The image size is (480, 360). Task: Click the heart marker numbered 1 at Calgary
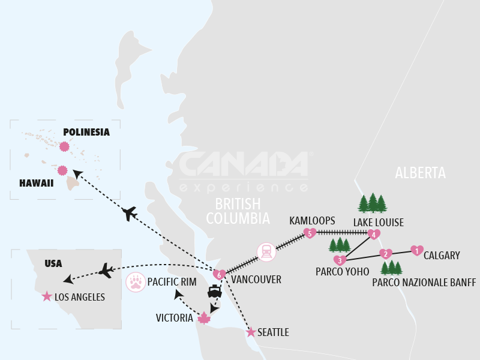pyautogui.click(x=416, y=250)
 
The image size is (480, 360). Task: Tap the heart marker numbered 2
pyautogui.click(x=386, y=254)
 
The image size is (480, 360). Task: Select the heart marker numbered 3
pyautogui.click(x=340, y=260)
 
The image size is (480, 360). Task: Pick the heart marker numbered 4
pyautogui.click(x=374, y=235)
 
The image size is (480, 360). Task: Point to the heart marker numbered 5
pyautogui.click(x=310, y=233)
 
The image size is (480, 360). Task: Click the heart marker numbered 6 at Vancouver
pyautogui.click(x=220, y=274)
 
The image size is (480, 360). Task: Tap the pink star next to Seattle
pyautogui.click(x=251, y=332)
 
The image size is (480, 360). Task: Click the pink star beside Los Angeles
pyautogui.click(x=46, y=296)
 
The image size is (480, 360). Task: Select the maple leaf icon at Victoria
pyautogui.click(x=204, y=318)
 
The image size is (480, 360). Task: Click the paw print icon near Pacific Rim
pyautogui.click(x=136, y=281)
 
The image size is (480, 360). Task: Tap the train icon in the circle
pyautogui.click(x=266, y=252)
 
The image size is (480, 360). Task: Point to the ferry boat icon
pyautogui.click(x=215, y=291)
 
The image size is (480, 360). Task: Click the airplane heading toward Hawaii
pyautogui.click(x=129, y=214)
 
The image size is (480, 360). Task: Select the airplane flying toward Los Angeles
pyautogui.click(x=105, y=271)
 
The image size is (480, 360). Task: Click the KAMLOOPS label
pyautogui.click(x=312, y=221)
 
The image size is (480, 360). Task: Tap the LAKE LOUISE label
pyautogui.click(x=378, y=223)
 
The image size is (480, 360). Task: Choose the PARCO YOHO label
pyautogui.click(x=342, y=272)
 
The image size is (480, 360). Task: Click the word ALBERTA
pyautogui.click(x=420, y=173)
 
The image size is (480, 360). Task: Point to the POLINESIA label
pyautogui.click(x=86, y=132)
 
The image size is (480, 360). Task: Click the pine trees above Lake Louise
pyautogui.click(x=373, y=203)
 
